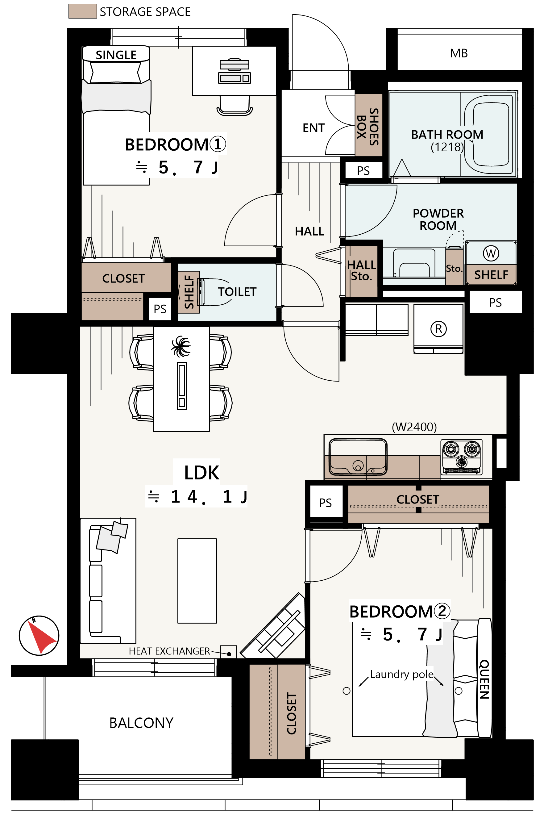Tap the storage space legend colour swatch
coord(82,11)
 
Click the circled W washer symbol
coord(491,253)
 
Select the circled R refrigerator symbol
coord(438,329)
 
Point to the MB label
coord(459,53)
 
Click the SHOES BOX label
coord(368,127)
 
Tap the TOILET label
coord(237,292)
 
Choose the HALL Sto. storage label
coord(361,270)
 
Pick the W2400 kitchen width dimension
coord(414,427)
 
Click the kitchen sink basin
coord(358,457)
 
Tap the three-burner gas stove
coord(462,457)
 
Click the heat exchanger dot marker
coord(229,654)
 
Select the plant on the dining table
coord(181,346)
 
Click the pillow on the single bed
coord(116,72)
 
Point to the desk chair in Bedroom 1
coord(235,105)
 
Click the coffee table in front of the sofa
coord(197,581)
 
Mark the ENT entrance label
coord(313,128)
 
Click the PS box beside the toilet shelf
coord(160,309)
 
